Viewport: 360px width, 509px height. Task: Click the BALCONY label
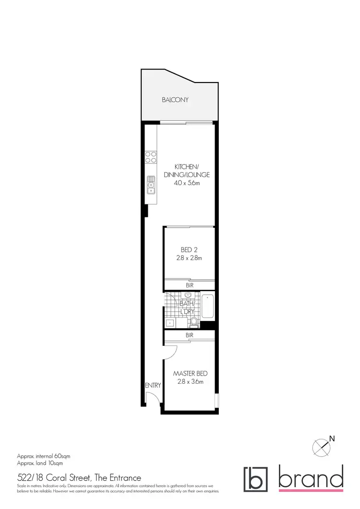175,100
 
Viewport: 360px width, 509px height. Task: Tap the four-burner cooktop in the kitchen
151,157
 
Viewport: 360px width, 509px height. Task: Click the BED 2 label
189,249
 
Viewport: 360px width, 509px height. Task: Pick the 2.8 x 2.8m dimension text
189,258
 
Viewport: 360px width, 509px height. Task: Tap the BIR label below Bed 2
189,285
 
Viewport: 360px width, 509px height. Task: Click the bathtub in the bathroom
207,307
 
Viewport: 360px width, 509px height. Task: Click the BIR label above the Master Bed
189,335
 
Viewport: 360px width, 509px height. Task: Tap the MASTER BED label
191,373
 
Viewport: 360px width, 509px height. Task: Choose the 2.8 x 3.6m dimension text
191,382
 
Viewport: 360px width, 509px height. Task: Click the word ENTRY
153,385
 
